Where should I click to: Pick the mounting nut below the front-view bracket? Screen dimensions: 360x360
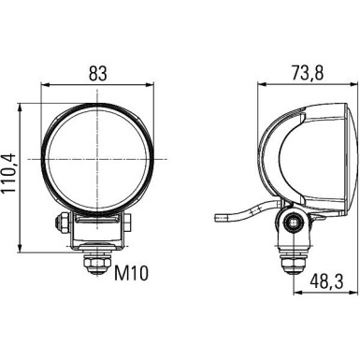96,263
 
